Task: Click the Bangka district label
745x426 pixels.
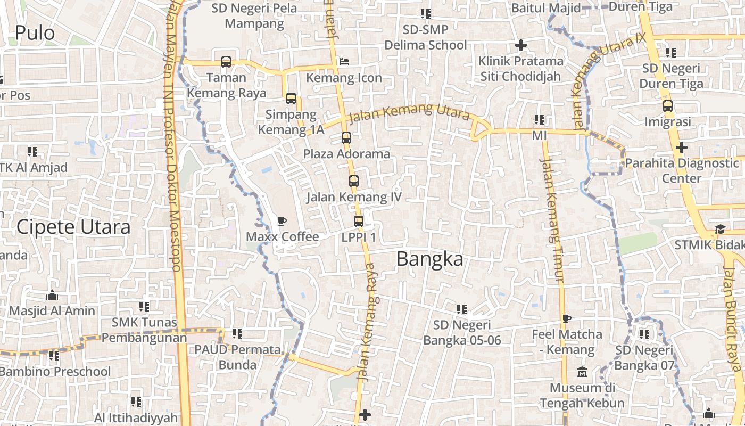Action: [x=429, y=259]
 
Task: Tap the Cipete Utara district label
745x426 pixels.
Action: [x=73, y=227]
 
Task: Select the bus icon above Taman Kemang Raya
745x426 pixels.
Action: [x=226, y=61]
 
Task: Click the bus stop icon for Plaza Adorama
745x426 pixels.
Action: [x=346, y=138]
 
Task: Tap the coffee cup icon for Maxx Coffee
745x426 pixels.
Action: [x=282, y=221]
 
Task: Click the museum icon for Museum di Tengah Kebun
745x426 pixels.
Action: [x=582, y=372]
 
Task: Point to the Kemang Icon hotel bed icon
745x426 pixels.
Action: [x=344, y=62]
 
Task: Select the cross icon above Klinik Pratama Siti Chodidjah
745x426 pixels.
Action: [x=520, y=45]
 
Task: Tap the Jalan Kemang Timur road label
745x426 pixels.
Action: [x=551, y=218]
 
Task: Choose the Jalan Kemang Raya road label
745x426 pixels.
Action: [x=367, y=322]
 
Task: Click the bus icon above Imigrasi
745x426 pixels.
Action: [x=668, y=106]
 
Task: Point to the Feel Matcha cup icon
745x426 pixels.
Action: [x=567, y=318]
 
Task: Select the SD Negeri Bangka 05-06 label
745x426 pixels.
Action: [x=462, y=332]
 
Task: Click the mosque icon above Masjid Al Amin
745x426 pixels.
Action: [x=52, y=295]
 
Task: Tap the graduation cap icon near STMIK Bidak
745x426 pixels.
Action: [x=720, y=229]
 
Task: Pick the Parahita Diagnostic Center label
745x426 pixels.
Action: [x=682, y=170]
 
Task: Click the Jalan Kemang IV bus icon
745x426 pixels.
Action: [x=354, y=181]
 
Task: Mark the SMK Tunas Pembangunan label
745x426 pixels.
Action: [x=144, y=330]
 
